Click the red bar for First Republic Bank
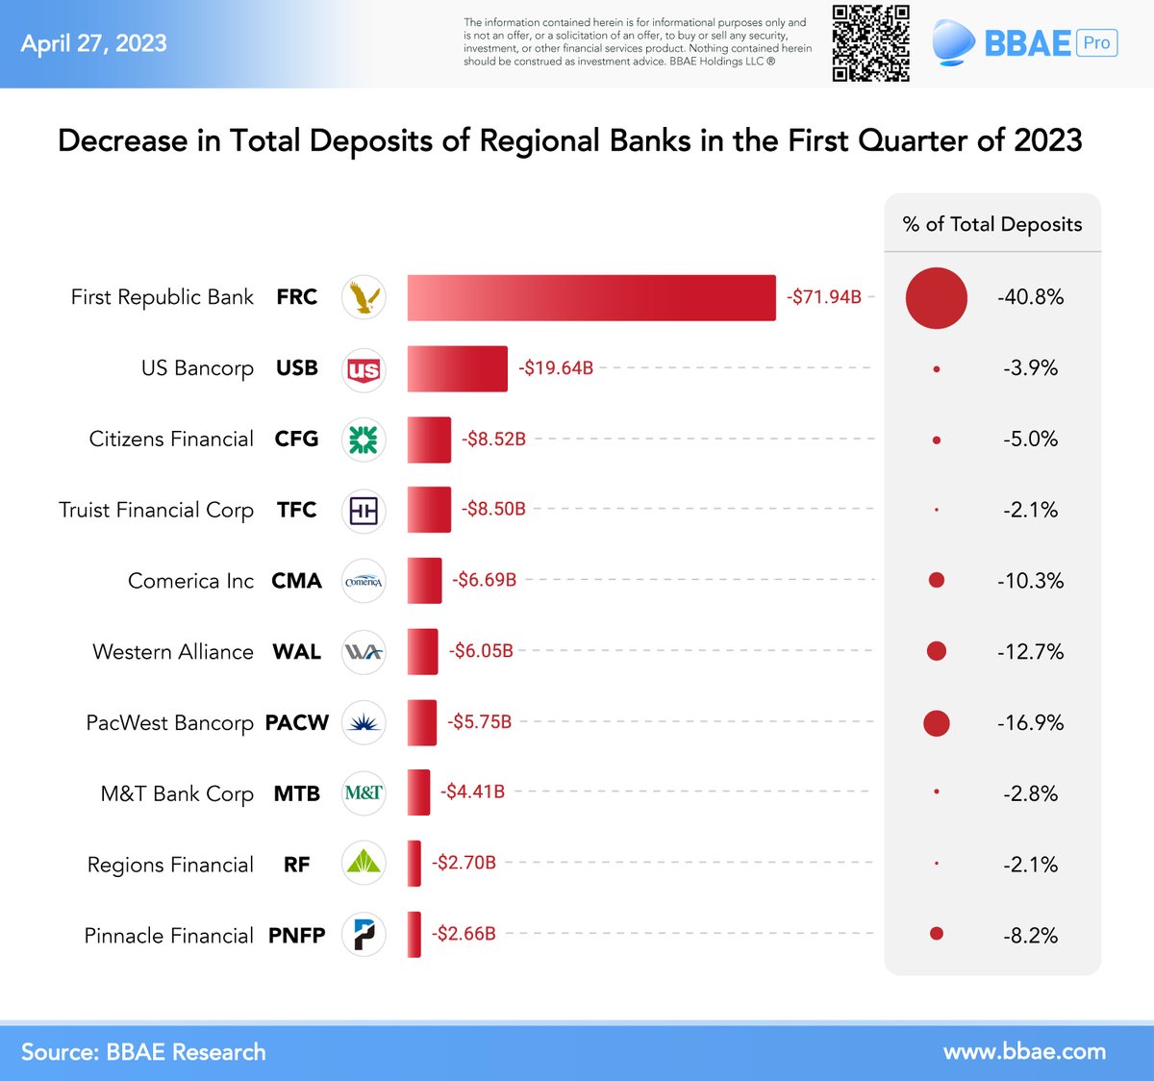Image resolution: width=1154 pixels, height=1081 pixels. [x=590, y=297]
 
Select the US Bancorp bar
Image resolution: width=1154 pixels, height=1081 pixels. [x=457, y=368]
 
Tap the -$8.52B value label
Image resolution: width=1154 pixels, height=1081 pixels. [x=493, y=439]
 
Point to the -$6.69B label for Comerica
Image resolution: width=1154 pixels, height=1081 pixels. [x=485, y=580]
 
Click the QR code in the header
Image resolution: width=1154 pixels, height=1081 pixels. [x=870, y=43]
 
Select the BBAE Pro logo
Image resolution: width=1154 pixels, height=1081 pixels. [x=1024, y=43]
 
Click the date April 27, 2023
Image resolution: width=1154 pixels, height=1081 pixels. [x=94, y=43]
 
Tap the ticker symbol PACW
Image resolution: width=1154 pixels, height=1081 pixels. [x=297, y=722]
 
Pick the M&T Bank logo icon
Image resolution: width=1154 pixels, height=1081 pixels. [x=364, y=793]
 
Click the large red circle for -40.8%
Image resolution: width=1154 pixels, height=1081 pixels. [x=936, y=298]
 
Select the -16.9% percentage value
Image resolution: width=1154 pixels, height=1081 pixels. [x=1030, y=722]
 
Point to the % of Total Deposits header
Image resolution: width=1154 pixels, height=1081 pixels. [x=991, y=224]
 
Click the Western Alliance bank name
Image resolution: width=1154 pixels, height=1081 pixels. [x=173, y=651]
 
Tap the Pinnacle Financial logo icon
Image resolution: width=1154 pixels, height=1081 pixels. [x=364, y=935]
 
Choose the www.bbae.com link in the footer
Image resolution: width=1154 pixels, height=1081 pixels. [x=1024, y=1051]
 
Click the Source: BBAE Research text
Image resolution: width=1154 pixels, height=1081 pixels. [x=143, y=1051]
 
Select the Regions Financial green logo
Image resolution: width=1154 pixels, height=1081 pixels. [x=364, y=864]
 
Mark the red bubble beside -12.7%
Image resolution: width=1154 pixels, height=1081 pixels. [x=936, y=651]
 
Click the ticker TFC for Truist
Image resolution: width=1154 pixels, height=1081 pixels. [x=296, y=510]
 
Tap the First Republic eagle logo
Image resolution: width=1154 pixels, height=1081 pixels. [x=364, y=297]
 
